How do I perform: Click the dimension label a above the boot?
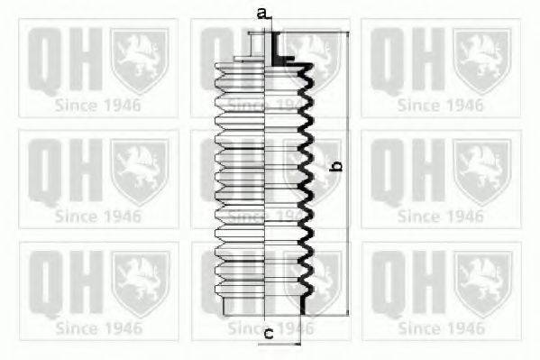(261, 13)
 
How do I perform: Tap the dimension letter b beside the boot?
(336, 165)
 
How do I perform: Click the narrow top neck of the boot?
(265, 45)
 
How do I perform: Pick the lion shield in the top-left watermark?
(139, 60)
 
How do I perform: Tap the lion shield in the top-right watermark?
(481, 60)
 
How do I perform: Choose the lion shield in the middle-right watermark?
(481, 171)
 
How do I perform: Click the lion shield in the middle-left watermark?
(139, 171)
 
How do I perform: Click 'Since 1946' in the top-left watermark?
(98, 106)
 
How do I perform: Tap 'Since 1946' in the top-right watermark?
(441, 106)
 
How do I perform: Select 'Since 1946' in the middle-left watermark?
(98, 216)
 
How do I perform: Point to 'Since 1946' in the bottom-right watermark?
(441, 327)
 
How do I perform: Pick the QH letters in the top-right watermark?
(404, 60)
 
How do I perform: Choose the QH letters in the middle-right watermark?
(404, 171)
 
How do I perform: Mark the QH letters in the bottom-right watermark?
(404, 282)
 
